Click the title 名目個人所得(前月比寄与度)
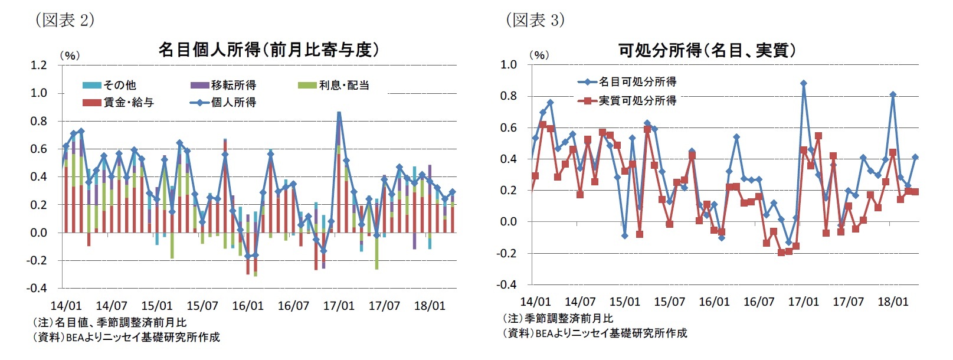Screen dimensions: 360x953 point(268,50)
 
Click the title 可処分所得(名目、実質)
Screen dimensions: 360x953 point(708,50)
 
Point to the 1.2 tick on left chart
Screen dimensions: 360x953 point(39,65)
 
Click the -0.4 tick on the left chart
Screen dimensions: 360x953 point(37,288)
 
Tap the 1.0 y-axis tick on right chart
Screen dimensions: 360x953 point(508,64)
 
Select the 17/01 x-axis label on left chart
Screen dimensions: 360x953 point(339,306)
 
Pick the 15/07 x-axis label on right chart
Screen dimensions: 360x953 point(669,302)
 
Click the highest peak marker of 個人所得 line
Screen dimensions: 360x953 point(339,113)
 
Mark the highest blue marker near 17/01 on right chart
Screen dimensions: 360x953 point(804,83)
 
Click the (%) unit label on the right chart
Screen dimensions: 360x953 point(538,55)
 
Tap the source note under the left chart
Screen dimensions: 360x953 point(126,337)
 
